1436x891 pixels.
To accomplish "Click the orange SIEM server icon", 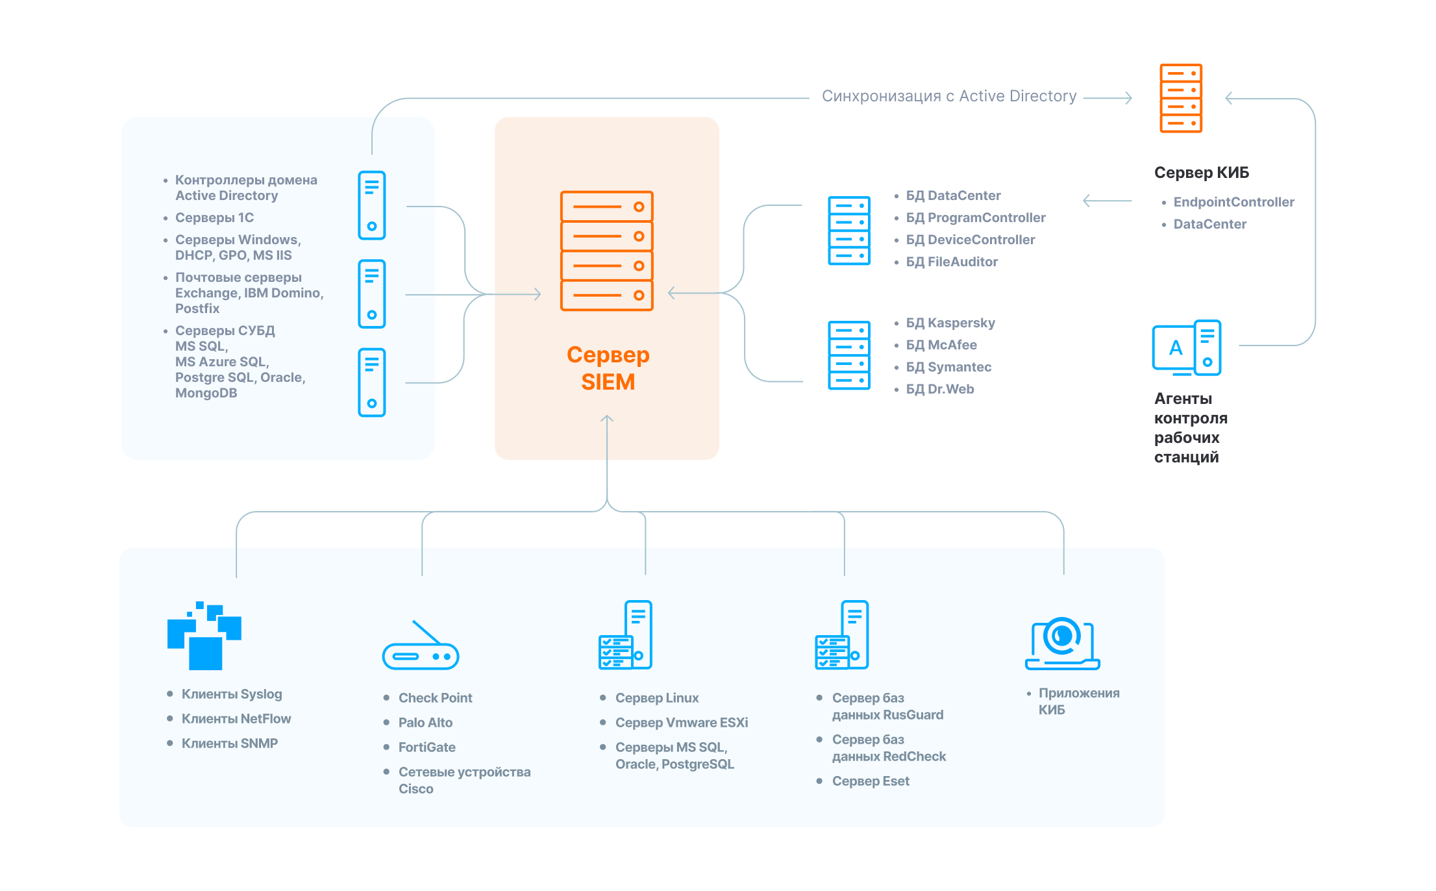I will coord(606,251).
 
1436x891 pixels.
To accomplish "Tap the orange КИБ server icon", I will coord(1181,98).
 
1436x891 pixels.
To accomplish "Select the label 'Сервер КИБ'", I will coord(1201,173).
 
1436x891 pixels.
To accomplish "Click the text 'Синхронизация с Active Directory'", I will coord(948,96).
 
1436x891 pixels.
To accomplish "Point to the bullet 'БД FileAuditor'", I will coord(952,262).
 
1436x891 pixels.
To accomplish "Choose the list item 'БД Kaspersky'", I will coord(950,323).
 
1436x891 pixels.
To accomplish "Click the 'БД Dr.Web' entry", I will coord(940,389).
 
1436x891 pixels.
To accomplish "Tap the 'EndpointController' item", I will coord(1233,202).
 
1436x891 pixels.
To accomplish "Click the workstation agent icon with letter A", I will coord(1186,348).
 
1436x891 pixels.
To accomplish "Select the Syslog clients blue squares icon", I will coord(204,636).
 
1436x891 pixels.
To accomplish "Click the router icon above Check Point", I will coord(421,647).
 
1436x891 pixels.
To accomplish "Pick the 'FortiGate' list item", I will coord(427,747).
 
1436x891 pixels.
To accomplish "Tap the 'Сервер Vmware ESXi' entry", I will coord(682,723).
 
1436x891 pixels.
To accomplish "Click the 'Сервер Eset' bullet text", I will coord(871,781).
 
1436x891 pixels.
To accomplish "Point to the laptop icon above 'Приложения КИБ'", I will coord(1062,644).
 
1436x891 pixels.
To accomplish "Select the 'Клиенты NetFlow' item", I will coord(236,719).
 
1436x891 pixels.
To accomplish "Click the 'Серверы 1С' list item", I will coord(214,218).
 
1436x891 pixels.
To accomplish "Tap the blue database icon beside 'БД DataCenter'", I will coord(848,231).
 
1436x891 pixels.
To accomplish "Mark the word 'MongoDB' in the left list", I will coord(206,393).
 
